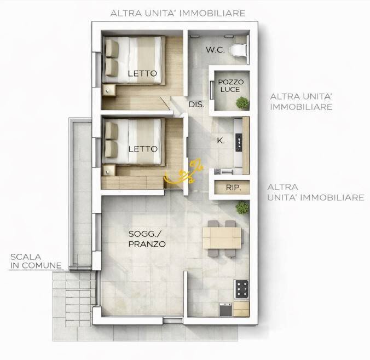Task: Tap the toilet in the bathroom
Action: point(238,50)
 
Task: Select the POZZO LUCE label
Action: point(231,85)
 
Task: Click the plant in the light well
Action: point(241,102)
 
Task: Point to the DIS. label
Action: point(196,104)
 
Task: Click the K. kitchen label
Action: point(221,141)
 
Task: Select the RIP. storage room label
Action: point(234,188)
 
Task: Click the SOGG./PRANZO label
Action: point(147,239)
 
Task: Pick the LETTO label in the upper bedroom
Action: point(142,73)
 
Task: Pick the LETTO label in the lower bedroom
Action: point(142,149)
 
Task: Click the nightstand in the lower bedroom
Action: point(109,169)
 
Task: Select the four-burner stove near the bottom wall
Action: point(241,288)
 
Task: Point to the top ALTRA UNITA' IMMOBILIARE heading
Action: point(177,13)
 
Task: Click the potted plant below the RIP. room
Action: point(241,207)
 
